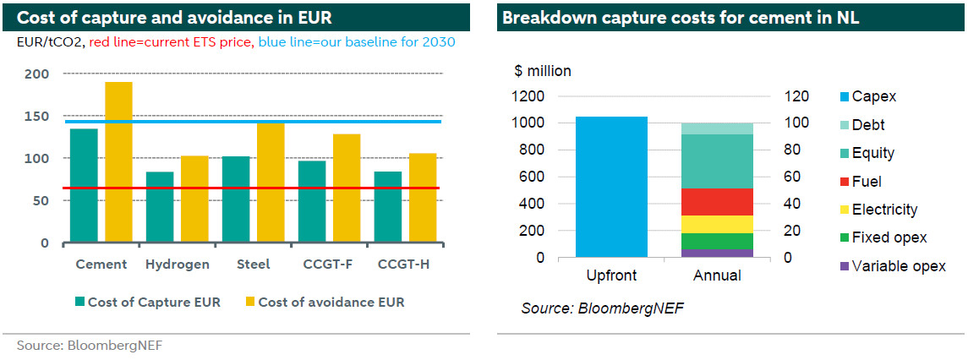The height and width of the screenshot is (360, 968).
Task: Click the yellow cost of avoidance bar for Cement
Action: coord(118,162)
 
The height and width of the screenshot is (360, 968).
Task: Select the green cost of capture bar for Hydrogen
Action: coord(160,207)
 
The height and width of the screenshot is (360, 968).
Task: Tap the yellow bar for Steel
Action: coord(271,183)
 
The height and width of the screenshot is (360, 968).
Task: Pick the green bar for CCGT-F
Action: coord(312,201)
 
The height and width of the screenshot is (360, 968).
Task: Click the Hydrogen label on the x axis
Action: coord(178,265)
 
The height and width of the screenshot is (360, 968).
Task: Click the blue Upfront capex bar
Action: coord(611,187)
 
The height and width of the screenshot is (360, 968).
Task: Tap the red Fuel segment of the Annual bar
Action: coord(717,202)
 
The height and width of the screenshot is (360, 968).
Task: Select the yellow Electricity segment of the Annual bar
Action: coord(717,225)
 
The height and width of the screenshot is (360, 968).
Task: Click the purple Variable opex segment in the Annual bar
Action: coord(717,253)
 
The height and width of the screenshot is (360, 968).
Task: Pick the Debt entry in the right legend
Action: coord(868,125)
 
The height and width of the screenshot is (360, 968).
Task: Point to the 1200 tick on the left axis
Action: coord(529,96)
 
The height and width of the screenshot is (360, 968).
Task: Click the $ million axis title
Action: coord(543,71)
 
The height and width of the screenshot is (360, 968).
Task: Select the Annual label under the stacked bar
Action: coord(717,275)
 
